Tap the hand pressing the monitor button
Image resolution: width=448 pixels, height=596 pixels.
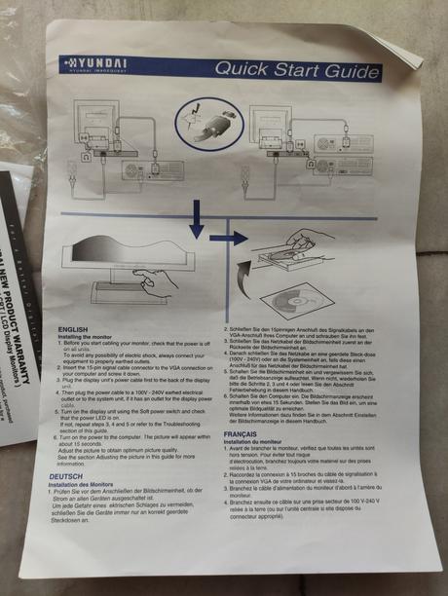(x=156, y=282)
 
